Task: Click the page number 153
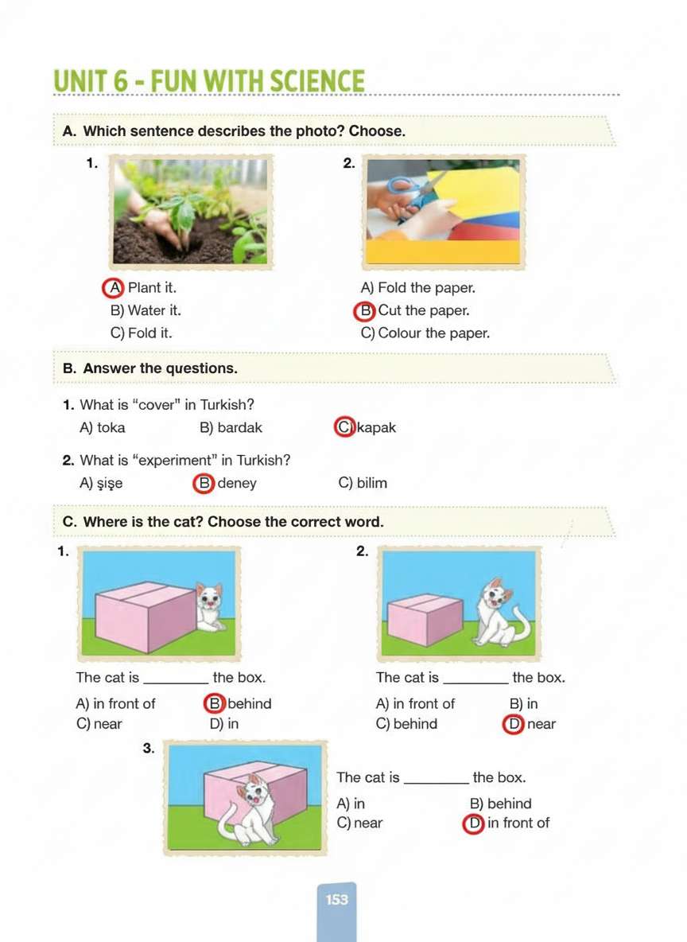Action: coord(336,899)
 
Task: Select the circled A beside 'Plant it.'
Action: coord(114,288)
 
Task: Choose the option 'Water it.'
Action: coord(146,310)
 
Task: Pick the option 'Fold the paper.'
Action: coord(418,288)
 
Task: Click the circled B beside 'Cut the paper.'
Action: coord(365,310)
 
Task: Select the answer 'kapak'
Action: coord(377,428)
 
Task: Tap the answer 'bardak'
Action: coord(231,428)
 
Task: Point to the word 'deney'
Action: coord(237,483)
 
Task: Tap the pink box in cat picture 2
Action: coord(425,620)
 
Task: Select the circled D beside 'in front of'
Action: coord(474,823)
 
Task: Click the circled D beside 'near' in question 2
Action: coord(514,725)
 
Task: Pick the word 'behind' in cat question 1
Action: coord(250,703)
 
